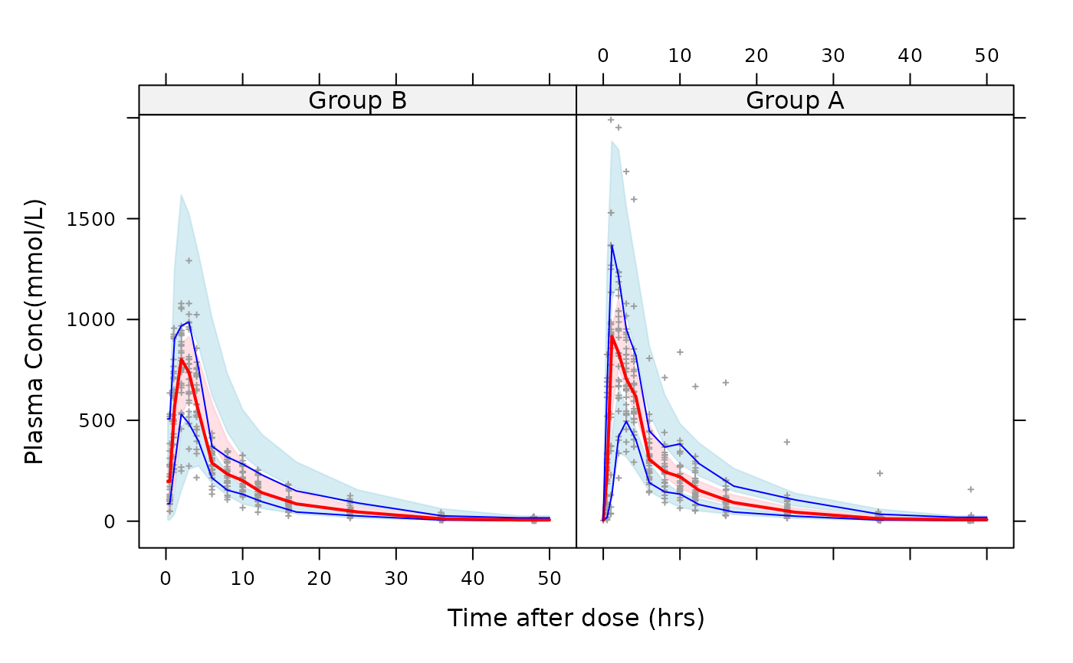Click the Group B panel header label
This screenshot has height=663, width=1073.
tap(357, 100)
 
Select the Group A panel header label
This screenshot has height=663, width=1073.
tap(795, 100)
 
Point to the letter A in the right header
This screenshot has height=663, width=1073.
tap(835, 100)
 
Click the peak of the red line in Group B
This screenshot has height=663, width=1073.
tap(182, 359)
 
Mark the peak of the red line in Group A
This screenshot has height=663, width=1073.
tap(612, 336)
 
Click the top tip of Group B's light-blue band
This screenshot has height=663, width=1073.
tap(181, 194)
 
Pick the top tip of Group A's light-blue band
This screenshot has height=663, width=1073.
tap(612, 141)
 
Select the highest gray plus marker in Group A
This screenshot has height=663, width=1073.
tap(611, 119)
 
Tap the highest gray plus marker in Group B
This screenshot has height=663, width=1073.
tap(189, 260)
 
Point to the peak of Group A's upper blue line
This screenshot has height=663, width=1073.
tap(612, 245)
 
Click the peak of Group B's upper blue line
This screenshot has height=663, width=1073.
tap(189, 322)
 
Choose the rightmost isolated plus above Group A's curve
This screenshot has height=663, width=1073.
tap(971, 488)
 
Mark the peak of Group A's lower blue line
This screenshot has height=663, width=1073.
tap(626, 421)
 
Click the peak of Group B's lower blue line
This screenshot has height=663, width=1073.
tap(181, 414)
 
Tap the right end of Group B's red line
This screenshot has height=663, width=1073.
tap(550, 520)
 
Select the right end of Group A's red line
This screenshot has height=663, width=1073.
tap(987, 520)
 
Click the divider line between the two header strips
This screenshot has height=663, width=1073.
tap(576, 100)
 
